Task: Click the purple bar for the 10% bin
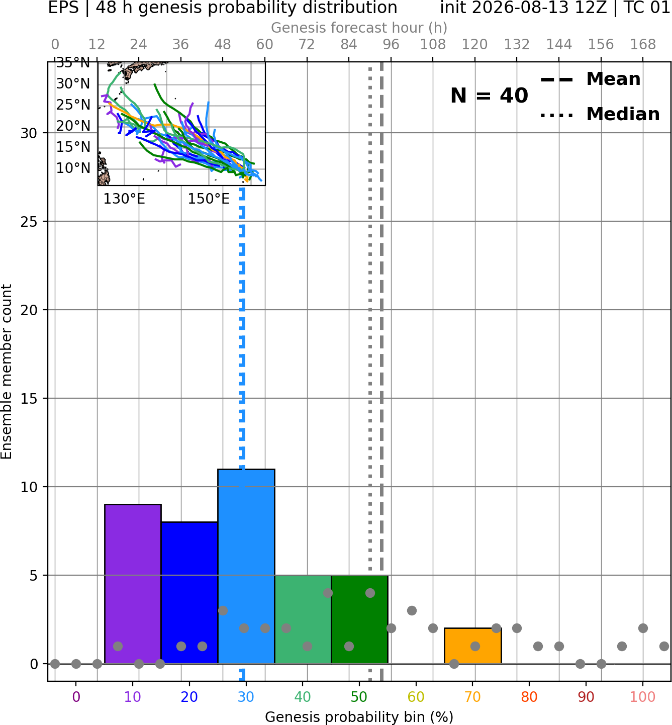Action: point(133,584)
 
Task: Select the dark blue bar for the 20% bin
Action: point(189,592)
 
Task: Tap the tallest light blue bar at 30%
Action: point(246,566)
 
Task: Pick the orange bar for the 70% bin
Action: point(473,646)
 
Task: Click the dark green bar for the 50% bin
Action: point(359,619)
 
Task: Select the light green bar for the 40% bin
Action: point(303,619)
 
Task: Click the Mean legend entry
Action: point(590,79)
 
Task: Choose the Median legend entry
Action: point(600,114)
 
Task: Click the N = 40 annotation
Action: point(489,96)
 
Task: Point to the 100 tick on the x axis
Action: point(643,697)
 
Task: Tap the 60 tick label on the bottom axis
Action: point(416,697)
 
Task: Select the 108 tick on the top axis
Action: point(433,45)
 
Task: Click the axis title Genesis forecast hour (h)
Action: point(359,28)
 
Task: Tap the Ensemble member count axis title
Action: point(7,372)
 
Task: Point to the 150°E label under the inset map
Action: point(209,199)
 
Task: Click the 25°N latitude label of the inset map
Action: point(73,105)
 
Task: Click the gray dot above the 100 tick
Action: point(643,628)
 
